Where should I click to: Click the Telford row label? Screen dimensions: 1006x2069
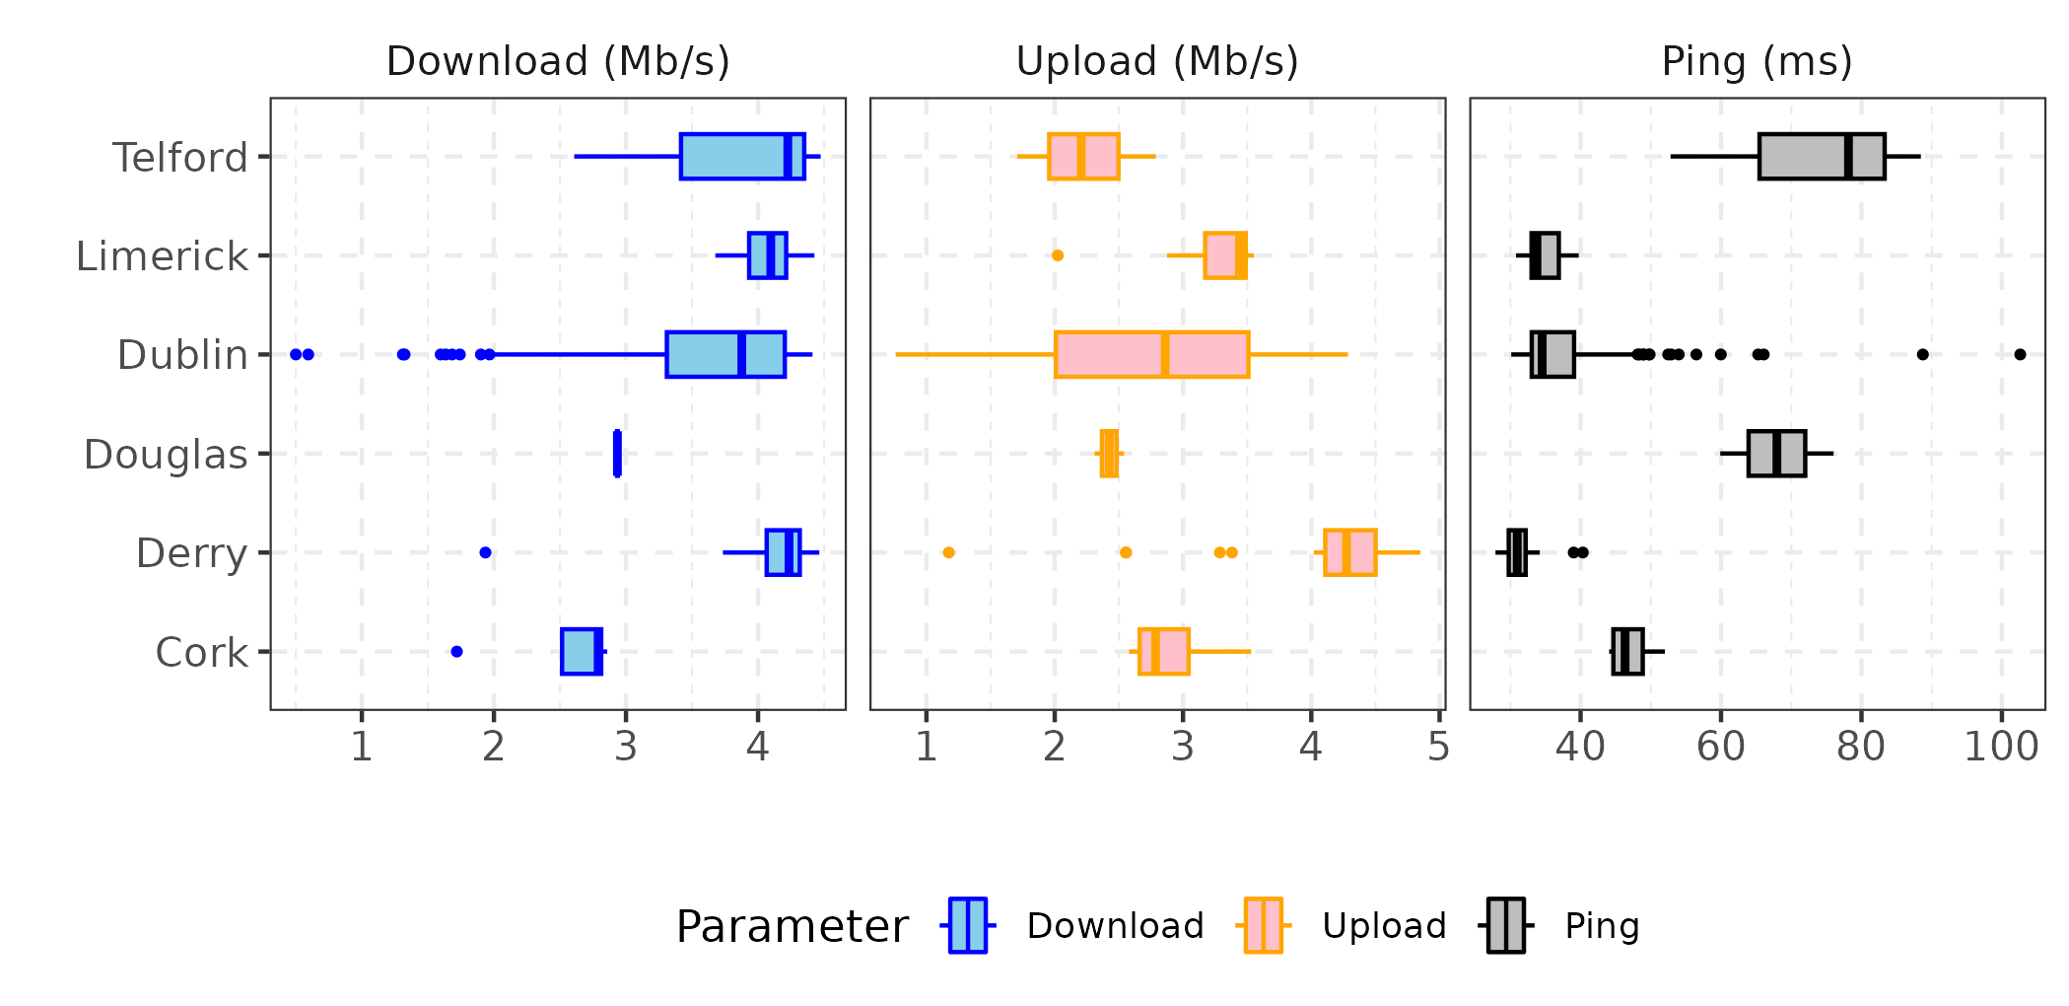pos(180,158)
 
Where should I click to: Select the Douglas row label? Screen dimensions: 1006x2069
pos(166,455)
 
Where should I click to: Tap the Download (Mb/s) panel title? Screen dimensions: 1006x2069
pos(558,61)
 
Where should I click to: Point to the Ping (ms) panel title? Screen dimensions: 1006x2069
pos(1757,61)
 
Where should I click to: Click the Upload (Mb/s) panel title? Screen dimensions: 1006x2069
pos(1157,61)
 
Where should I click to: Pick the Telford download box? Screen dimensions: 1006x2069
pos(742,156)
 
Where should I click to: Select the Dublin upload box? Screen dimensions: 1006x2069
pos(1151,354)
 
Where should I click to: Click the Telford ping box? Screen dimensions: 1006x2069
pos(1822,156)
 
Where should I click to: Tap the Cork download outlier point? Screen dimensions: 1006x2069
pos(456,651)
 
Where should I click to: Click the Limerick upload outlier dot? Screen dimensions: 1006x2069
pos(1058,255)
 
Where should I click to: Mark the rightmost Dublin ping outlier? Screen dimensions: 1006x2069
pos(2020,354)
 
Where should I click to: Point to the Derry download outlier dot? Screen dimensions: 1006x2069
pos(485,552)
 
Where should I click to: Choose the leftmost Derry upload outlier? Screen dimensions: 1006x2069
pos(948,552)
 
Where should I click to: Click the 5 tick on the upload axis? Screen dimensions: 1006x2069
pos(1438,747)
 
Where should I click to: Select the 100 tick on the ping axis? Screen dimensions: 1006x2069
pos(2001,747)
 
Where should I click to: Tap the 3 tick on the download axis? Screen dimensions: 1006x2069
pos(625,747)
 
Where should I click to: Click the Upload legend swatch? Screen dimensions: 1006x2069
pos(1263,925)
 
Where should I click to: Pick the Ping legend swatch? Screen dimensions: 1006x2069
pos(1506,925)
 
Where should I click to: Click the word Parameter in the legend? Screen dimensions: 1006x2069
pos(792,927)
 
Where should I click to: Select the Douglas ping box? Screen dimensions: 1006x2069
pos(1776,454)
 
